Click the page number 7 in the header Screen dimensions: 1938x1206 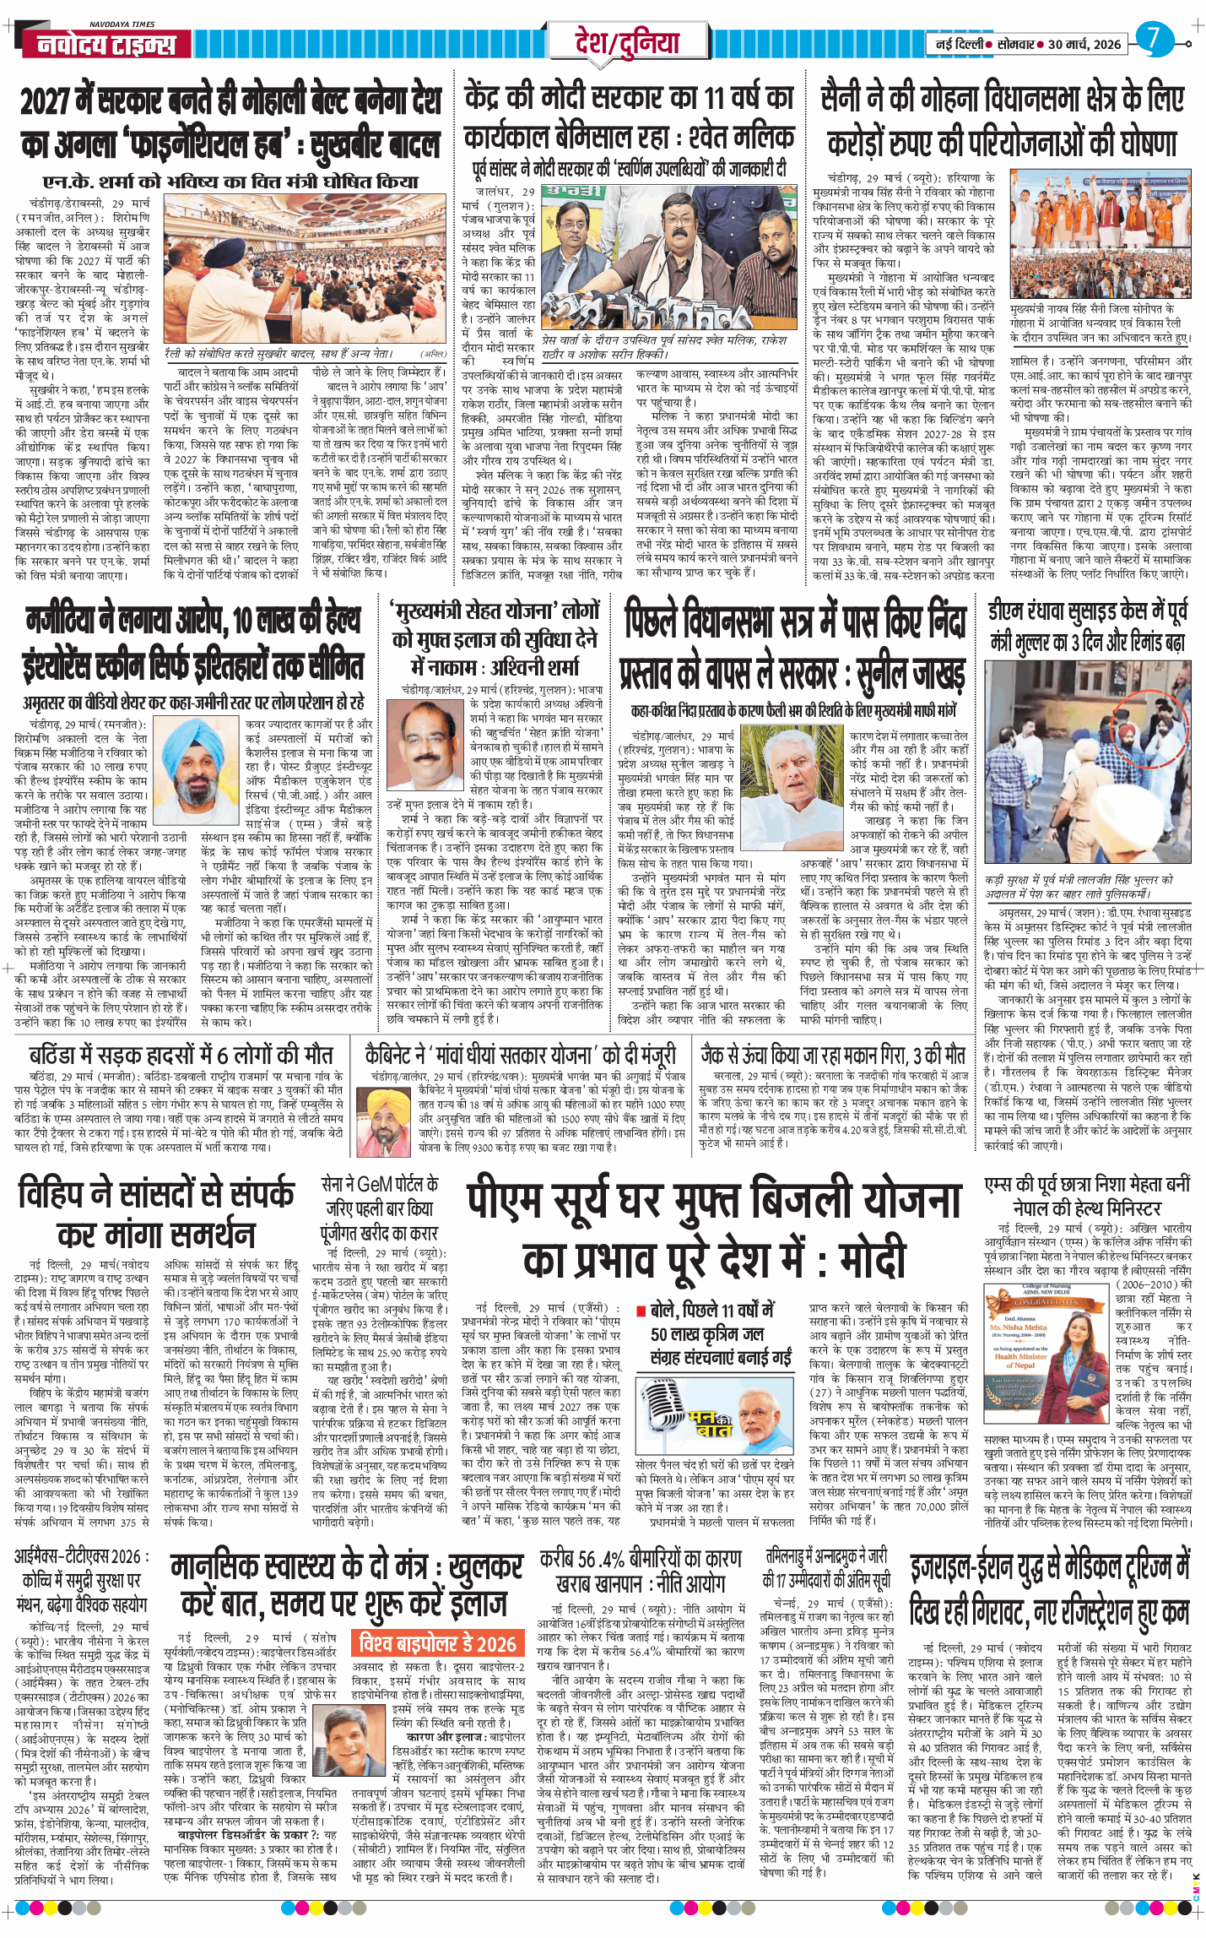[1154, 39]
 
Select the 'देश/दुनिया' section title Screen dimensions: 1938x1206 [626, 42]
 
